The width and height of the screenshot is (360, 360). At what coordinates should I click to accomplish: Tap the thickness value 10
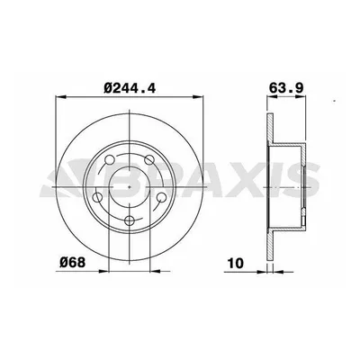pos(236,263)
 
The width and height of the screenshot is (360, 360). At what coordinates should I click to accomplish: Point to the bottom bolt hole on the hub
pos(130,221)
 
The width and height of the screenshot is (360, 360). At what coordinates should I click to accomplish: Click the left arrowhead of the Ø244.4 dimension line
pos(58,100)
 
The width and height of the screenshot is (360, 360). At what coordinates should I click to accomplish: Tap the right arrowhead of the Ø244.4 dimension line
pos(201,100)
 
